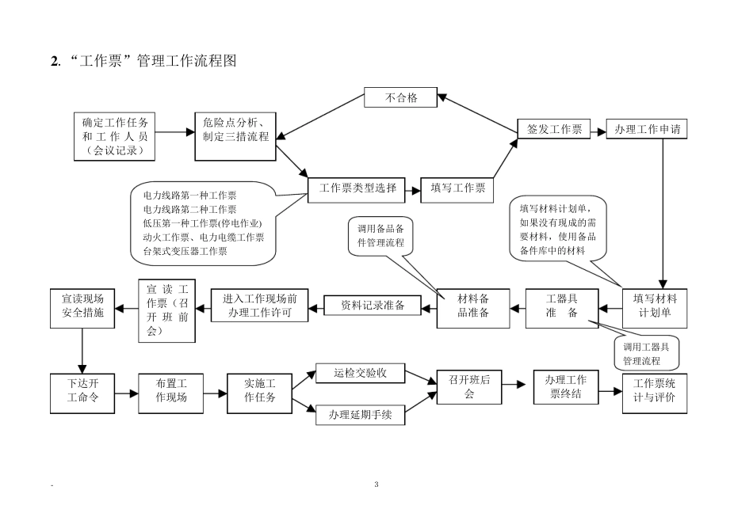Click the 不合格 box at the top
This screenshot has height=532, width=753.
(x=401, y=98)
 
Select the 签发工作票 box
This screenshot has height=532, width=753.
(x=555, y=129)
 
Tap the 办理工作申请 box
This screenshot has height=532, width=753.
(x=647, y=129)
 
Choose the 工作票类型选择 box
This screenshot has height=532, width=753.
(x=357, y=188)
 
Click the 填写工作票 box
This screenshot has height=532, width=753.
(x=457, y=188)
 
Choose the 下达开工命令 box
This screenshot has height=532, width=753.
(x=82, y=393)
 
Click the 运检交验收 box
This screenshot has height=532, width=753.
(x=361, y=374)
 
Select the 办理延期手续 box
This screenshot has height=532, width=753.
(x=361, y=413)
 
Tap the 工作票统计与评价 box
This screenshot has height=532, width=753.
(x=655, y=393)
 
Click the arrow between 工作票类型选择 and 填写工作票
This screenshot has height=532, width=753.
(x=413, y=188)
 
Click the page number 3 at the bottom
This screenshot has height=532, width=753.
(x=376, y=484)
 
